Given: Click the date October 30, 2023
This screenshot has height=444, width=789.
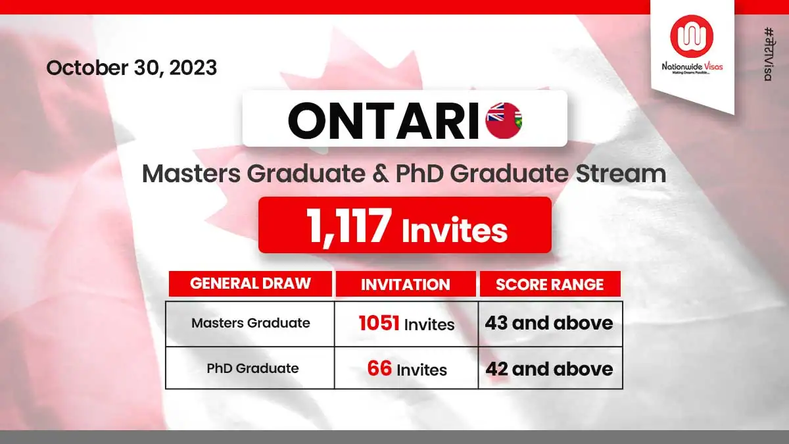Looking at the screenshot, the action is pos(131,68).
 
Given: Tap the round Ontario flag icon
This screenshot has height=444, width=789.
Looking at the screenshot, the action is pos(504,120).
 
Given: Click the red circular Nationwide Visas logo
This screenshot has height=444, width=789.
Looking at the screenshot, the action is pos(692,36).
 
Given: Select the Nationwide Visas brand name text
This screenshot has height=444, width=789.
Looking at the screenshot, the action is pos(692,66).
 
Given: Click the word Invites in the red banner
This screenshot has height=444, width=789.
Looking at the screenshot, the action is pos(454,230).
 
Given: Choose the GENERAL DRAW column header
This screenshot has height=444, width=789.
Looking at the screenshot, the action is pos(251,284).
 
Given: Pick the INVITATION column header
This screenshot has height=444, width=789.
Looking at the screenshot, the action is pos(406,284).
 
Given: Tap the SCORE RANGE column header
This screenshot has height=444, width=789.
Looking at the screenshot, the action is pos(550,284).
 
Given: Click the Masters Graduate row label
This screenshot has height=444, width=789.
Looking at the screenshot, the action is pos(251,323).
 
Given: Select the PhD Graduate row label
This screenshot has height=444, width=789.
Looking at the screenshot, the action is pos(252,368).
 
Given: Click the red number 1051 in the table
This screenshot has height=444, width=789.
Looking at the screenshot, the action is pos(379,323).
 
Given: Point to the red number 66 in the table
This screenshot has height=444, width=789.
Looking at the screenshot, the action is pos(379,368).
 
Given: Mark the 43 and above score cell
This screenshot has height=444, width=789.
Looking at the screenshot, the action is pos(549,323).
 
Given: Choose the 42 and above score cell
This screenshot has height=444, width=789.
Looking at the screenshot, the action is pos(549,369).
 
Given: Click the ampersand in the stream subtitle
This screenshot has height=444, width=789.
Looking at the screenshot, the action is pos(381,174).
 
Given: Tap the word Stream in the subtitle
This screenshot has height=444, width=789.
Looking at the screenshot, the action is pos(621,174).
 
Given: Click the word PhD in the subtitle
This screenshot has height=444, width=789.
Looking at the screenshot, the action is pos(419,174).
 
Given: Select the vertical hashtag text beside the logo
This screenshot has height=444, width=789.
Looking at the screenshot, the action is pos(769,54).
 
